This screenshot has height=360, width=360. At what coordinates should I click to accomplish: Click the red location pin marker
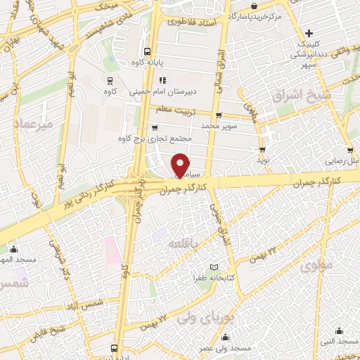181,164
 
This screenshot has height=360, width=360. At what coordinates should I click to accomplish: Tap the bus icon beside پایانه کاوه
147,51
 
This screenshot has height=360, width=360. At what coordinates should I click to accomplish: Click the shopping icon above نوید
262,149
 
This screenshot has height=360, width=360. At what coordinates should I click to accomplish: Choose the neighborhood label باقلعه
185,243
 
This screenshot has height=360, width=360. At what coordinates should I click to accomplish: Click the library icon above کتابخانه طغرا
214,268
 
